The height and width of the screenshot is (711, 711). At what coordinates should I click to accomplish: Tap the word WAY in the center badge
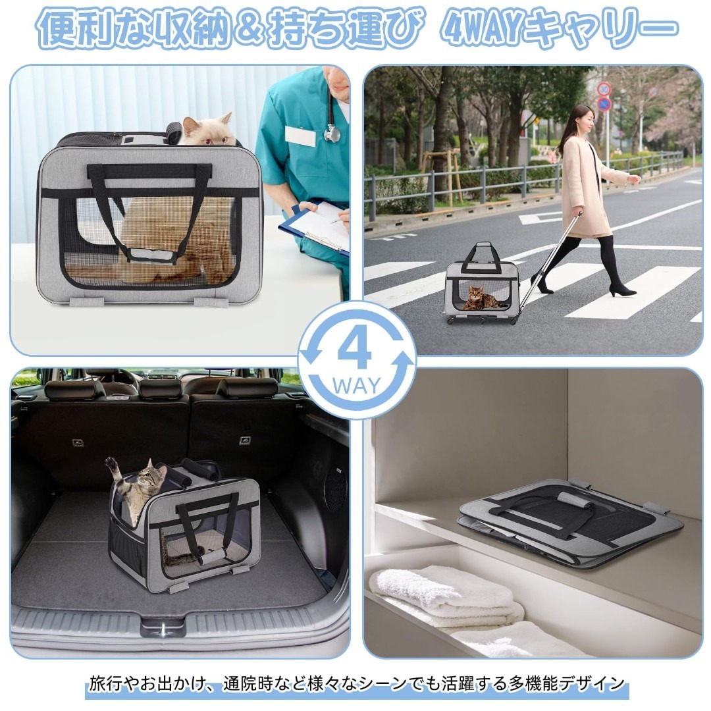tap(357, 386)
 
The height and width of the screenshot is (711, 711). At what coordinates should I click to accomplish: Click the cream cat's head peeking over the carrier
tap(207, 130)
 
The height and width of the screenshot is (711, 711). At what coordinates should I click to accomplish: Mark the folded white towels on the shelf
tap(448, 596)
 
